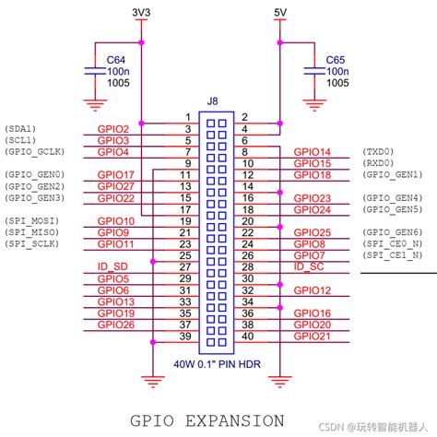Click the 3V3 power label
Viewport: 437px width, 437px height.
(x=141, y=13)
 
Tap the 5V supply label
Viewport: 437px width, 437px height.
(x=280, y=13)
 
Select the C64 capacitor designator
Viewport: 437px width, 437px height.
(x=116, y=60)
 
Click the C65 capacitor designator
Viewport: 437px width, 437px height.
(x=336, y=60)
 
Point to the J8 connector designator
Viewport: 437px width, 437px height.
(x=212, y=101)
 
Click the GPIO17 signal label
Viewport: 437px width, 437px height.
(x=116, y=175)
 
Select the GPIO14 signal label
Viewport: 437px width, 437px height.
(x=313, y=152)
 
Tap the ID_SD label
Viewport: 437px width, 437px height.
(x=112, y=266)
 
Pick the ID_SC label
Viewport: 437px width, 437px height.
(x=309, y=266)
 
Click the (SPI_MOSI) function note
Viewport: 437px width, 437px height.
(x=31, y=221)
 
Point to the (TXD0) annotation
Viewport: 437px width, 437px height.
(x=378, y=151)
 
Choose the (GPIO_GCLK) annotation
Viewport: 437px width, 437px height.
(x=35, y=152)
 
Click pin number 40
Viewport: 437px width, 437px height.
(x=248, y=337)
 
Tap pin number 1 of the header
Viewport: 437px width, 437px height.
(x=188, y=117)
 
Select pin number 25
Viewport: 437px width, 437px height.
(x=185, y=255)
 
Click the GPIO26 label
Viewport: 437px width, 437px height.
(x=116, y=325)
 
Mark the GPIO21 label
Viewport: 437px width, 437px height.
(x=313, y=337)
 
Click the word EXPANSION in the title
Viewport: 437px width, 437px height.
(x=235, y=420)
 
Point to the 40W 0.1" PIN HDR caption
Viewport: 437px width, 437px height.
(x=217, y=364)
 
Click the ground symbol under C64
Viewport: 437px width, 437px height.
(x=95, y=105)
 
